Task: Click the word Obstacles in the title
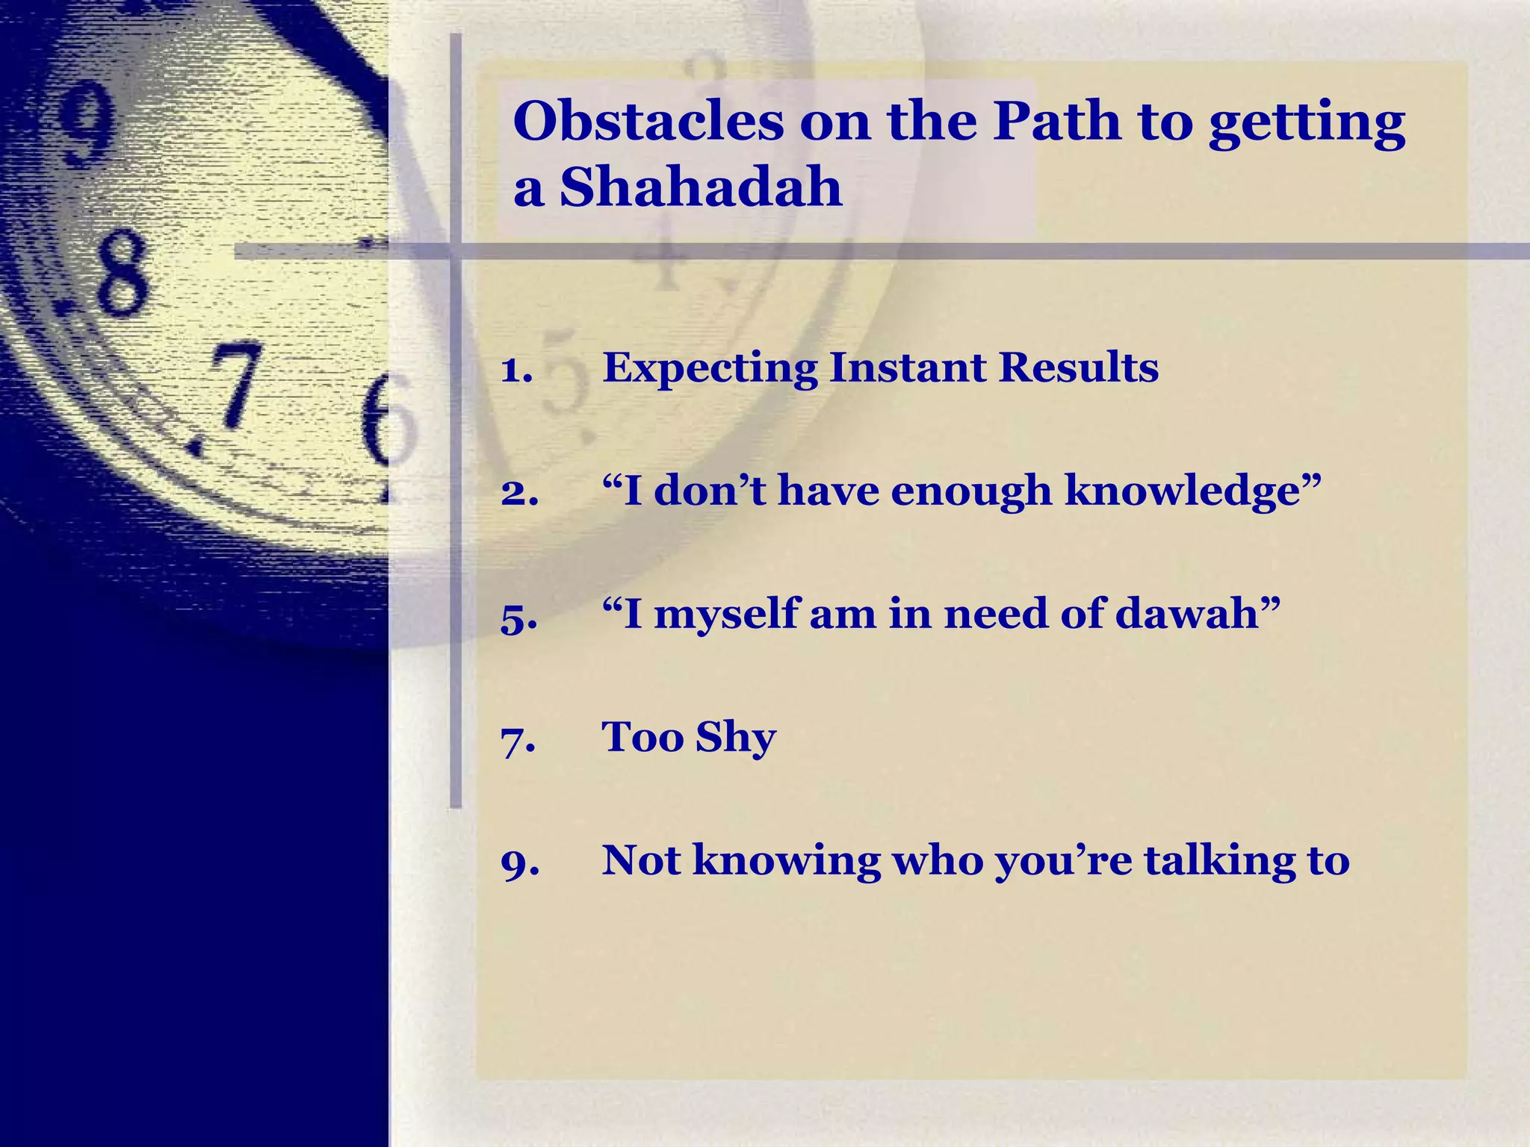point(648,121)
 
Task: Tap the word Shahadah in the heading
point(701,187)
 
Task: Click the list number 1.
point(516,369)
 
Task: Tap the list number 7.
point(518,740)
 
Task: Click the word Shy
point(735,739)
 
